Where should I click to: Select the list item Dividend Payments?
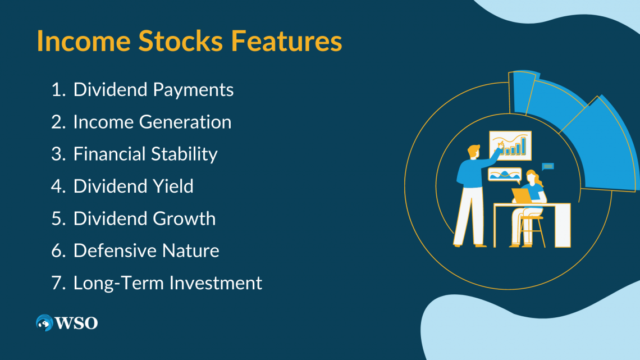coord(153,89)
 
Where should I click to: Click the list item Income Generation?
coord(152,122)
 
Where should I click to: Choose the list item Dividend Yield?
coord(133,186)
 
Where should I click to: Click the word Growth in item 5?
coord(187,218)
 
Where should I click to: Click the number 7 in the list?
coord(56,282)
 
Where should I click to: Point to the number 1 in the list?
coord(56,89)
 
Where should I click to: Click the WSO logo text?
coord(76,323)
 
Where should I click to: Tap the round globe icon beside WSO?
coord(44,323)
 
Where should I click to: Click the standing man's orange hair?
coord(474,151)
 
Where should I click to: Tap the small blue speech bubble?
coord(548,166)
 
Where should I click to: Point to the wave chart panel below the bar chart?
coord(504,175)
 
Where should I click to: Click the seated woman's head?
coord(531,179)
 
